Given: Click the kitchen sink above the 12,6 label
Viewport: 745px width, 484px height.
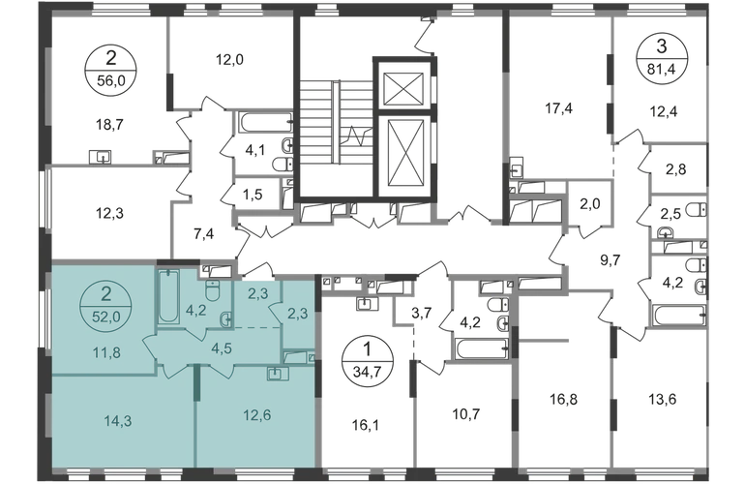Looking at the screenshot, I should tap(276, 373).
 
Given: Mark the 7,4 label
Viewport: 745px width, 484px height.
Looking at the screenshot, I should tap(203, 231).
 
